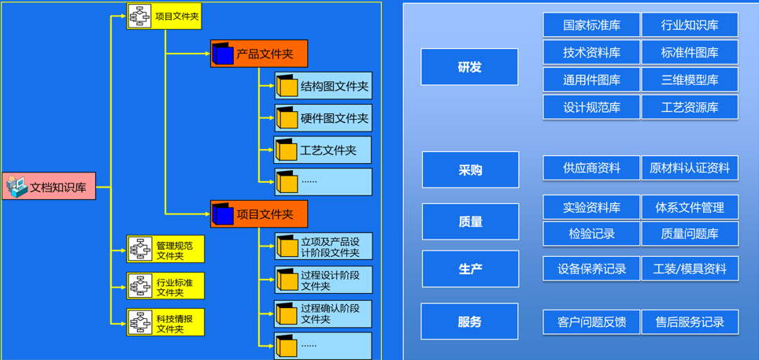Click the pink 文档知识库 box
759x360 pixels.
click(x=49, y=186)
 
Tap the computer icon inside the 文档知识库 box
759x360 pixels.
click(x=17, y=186)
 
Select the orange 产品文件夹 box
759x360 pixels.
click(x=258, y=54)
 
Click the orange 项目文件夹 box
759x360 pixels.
click(x=258, y=213)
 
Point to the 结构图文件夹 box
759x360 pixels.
click(x=323, y=86)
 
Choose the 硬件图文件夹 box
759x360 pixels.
click(x=323, y=118)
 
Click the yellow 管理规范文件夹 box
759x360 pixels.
click(x=165, y=249)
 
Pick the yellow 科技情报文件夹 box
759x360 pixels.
click(x=165, y=322)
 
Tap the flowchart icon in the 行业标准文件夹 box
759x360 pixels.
click(x=140, y=286)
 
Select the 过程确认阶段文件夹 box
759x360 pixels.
click(x=323, y=314)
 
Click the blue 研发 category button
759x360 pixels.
click(x=469, y=67)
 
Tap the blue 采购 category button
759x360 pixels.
click(x=470, y=169)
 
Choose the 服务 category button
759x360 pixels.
click(x=469, y=321)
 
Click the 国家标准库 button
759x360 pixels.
click(x=591, y=25)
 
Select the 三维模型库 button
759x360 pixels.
click(x=690, y=80)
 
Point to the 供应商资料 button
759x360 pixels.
click(x=591, y=168)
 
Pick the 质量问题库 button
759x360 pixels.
click(x=690, y=234)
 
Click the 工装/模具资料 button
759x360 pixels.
click(x=690, y=269)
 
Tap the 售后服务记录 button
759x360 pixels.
click(x=690, y=321)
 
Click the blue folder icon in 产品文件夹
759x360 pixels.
click(x=223, y=54)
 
